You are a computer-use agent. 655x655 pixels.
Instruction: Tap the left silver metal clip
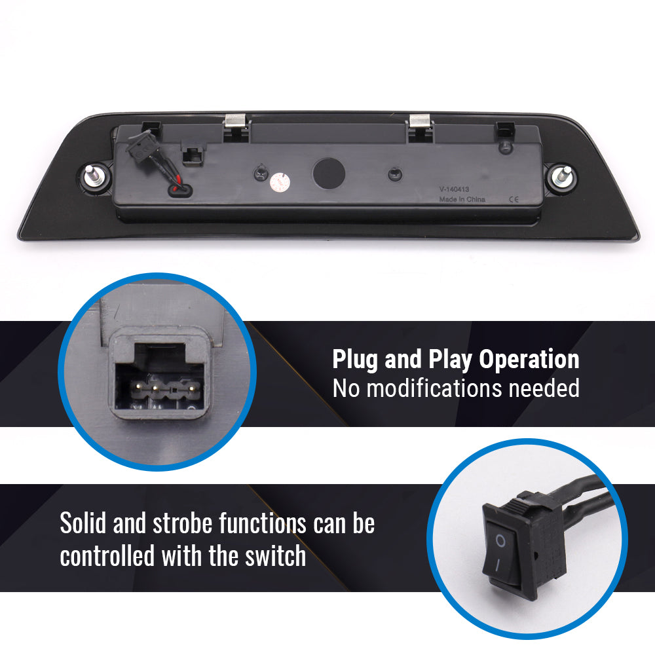point(235,121)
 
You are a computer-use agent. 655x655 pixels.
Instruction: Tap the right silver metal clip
point(419,121)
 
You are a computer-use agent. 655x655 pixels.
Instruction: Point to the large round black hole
point(329,174)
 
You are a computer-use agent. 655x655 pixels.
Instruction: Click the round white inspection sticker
point(280,182)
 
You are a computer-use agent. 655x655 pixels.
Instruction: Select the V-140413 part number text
point(454,189)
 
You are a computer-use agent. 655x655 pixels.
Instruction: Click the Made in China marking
point(462,199)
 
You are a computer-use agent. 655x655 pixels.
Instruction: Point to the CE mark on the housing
point(514,199)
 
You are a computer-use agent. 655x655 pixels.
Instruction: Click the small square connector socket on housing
point(193,154)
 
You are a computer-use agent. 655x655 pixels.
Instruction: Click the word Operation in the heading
point(529,360)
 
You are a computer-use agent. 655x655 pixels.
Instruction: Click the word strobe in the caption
point(183,523)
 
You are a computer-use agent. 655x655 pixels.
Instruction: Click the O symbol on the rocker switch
point(500,542)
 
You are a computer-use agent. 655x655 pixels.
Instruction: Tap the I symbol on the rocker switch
point(497,566)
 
